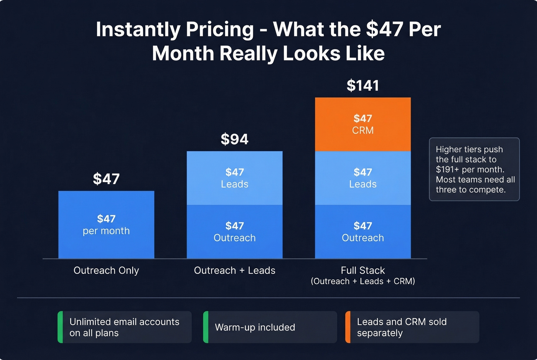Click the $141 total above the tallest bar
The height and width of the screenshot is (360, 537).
tap(362, 85)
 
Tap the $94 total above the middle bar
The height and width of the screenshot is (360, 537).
tap(234, 139)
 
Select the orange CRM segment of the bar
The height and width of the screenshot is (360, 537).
tap(362, 124)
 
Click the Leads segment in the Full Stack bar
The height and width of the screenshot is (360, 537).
tap(362, 178)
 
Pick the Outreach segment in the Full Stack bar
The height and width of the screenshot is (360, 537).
tap(362, 232)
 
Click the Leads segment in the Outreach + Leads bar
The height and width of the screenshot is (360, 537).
tap(234, 178)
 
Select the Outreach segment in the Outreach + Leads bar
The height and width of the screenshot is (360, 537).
tap(234, 232)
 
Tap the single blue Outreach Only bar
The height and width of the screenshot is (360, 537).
tap(106, 225)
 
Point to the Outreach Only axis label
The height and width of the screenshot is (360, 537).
tap(106, 270)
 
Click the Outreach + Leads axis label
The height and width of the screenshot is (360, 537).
tap(234, 270)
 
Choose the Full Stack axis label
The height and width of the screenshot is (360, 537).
tap(362, 270)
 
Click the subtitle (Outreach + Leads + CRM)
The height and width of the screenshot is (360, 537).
tap(362, 281)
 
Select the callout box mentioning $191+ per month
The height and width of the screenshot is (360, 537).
tap(474, 169)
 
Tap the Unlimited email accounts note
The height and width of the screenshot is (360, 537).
tap(124, 327)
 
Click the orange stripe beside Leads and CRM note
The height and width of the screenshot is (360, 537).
tap(348, 327)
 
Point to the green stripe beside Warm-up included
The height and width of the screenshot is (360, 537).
tap(206, 327)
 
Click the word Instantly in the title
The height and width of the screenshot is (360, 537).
tap(136, 30)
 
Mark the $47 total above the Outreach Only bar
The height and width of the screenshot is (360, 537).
tap(106, 179)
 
